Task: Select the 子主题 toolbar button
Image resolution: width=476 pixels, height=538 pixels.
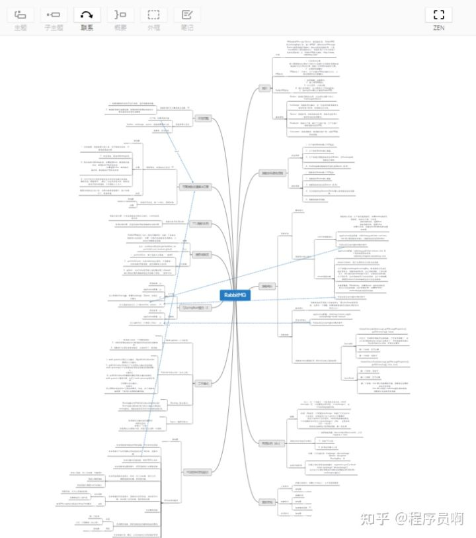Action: tap(54, 19)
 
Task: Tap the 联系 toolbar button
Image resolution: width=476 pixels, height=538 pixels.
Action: tap(87, 19)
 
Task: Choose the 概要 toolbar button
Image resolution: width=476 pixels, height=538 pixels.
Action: tap(120, 19)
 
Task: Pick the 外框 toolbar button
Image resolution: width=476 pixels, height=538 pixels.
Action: tap(153, 19)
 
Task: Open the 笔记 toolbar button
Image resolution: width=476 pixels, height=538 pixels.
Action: tap(187, 19)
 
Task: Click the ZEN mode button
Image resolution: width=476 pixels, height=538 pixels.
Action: tap(438, 19)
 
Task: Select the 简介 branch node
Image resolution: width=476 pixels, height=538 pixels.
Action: tap(264, 88)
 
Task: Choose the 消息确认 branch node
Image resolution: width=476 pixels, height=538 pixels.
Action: tap(266, 287)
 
